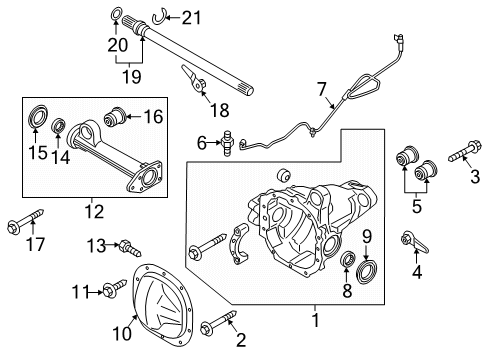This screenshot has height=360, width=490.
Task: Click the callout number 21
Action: click(191, 18)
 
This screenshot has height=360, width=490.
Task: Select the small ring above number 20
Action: click(115, 15)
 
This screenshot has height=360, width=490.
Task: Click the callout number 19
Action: click(132, 76)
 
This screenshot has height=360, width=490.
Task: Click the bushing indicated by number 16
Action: click(115, 116)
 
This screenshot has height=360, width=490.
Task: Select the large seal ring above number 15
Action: click(37, 116)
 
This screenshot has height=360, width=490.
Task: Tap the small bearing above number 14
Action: click(59, 125)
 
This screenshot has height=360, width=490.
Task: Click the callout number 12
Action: click(94, 211)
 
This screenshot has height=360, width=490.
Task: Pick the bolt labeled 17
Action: click(26, 221)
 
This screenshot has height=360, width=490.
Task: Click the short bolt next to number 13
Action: click(130, 248)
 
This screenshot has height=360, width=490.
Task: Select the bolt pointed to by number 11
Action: click(115, 288)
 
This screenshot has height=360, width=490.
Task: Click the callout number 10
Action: click(122, 333)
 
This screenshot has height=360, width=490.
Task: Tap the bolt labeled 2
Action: click(219, 320)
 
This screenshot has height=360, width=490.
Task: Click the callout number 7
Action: click(321, 89)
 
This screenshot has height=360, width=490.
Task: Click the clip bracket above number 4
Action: click(415, 241)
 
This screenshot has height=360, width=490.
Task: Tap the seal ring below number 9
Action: click(367, 273)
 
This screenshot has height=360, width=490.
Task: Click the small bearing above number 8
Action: click(348, 259)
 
